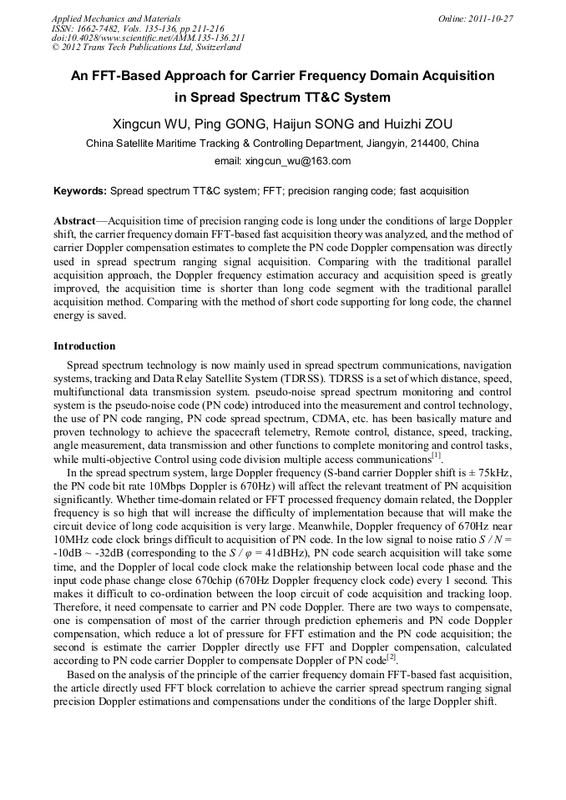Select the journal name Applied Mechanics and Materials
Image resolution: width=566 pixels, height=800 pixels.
coord(105,18)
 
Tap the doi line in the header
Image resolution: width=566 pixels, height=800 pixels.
coord(148,38)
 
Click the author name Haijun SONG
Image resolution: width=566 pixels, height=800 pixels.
coord(314,123)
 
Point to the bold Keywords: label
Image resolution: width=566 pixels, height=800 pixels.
coord(80,191)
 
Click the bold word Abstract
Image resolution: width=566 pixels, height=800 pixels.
coord(74,221)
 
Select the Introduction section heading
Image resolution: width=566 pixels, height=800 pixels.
coord(84,345)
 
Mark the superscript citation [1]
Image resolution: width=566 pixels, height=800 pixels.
coord(436,455)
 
